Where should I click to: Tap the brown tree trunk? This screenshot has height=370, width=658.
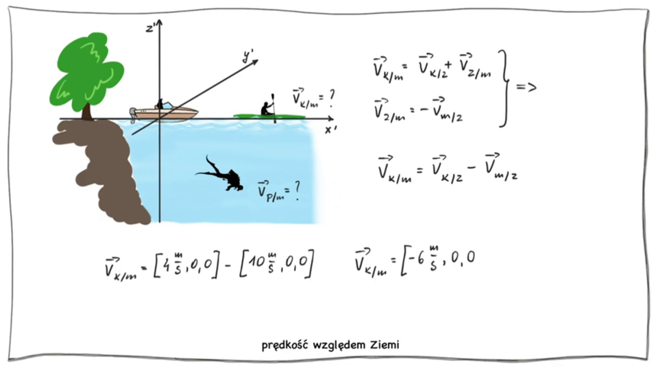87,110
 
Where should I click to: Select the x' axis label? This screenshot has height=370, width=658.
331,129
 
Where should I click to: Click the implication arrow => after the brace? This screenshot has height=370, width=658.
526,87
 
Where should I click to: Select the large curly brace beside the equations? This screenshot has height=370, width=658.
506,88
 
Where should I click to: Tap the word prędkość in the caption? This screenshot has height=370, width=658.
284,345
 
